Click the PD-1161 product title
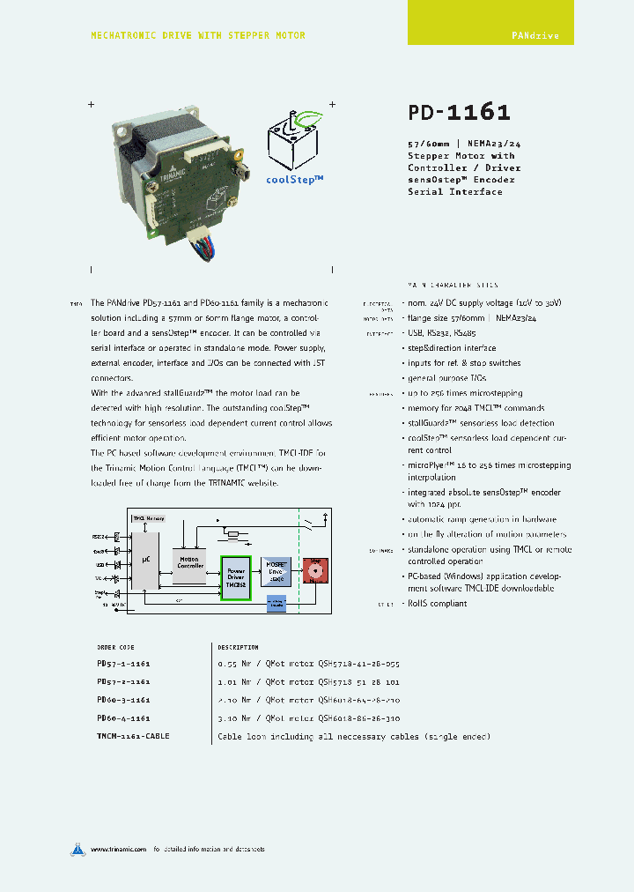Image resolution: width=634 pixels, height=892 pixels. [459, 113]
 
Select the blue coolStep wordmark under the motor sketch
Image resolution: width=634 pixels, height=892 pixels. [295, 178]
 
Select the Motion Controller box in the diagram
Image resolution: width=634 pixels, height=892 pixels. [190, 562]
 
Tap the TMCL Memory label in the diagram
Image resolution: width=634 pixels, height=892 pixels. [149, 518]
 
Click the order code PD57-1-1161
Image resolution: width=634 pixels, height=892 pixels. [123, 664]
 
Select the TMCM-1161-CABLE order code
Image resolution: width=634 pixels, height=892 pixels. [133, 735]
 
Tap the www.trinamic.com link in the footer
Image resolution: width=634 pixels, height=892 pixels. [117, 850]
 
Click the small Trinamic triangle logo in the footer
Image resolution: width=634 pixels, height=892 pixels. [78, 849]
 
